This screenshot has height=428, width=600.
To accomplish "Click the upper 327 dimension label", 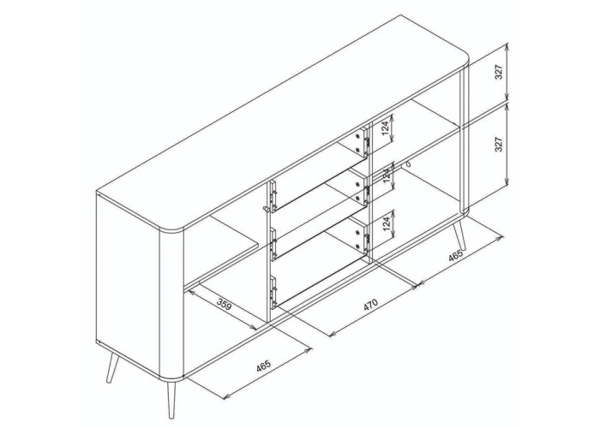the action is (498, 72).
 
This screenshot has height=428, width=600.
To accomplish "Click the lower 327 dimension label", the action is (498, 144).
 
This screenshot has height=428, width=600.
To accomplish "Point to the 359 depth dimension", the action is (225, 306).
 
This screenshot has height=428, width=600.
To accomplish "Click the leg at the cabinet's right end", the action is (459, 236).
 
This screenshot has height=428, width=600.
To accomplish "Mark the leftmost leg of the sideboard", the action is (111, 367).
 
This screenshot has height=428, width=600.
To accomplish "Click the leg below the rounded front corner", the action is (171, 398).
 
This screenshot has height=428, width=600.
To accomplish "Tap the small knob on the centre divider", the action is (266, 209).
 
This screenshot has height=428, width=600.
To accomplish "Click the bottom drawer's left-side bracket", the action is (273, 293).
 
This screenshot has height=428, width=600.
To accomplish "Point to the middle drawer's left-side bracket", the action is (273, 245).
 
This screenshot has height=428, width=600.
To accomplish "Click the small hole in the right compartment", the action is (409, 165).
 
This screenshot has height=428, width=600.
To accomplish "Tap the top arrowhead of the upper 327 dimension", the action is (507, 47).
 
